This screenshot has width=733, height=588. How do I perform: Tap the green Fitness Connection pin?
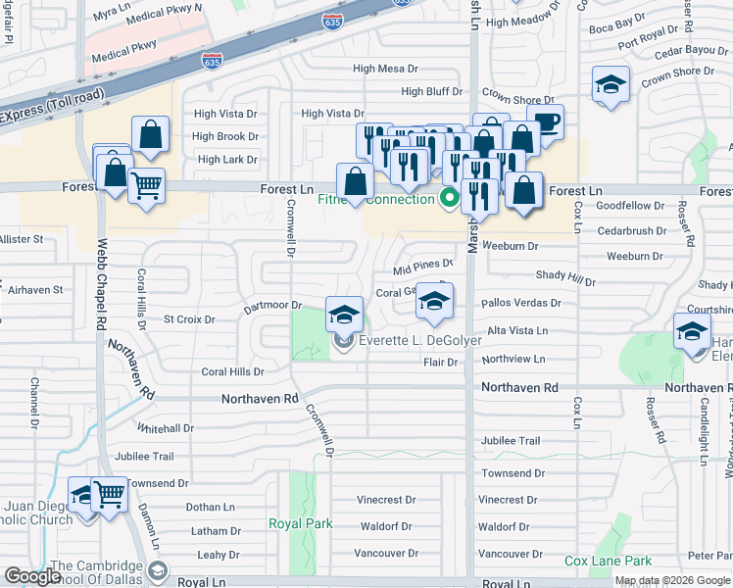pyautogui.click(x=450, y=199)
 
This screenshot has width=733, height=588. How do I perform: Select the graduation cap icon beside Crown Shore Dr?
pyautogui.click(x=611, y=85)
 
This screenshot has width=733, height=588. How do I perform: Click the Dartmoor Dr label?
pyautogui.click(x=272, y=305)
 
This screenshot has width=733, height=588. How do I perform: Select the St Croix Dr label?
pyautogui.click(x=188, y=318)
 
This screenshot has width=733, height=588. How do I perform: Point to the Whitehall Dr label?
pyautogui.click(x=166, y=428)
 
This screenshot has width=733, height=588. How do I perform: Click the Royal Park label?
pyautogui.click(x=294, y=523)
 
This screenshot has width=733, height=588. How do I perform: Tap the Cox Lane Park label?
pyautogui.click(x=608, y=562)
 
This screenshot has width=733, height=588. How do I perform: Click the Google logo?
pyautogui.click(x=32, y=576)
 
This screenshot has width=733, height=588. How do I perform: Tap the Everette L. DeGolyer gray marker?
pyautogui.click(x=343, y=341)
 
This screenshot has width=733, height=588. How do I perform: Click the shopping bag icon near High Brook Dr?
pyautogui.click(x=151, y=137)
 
